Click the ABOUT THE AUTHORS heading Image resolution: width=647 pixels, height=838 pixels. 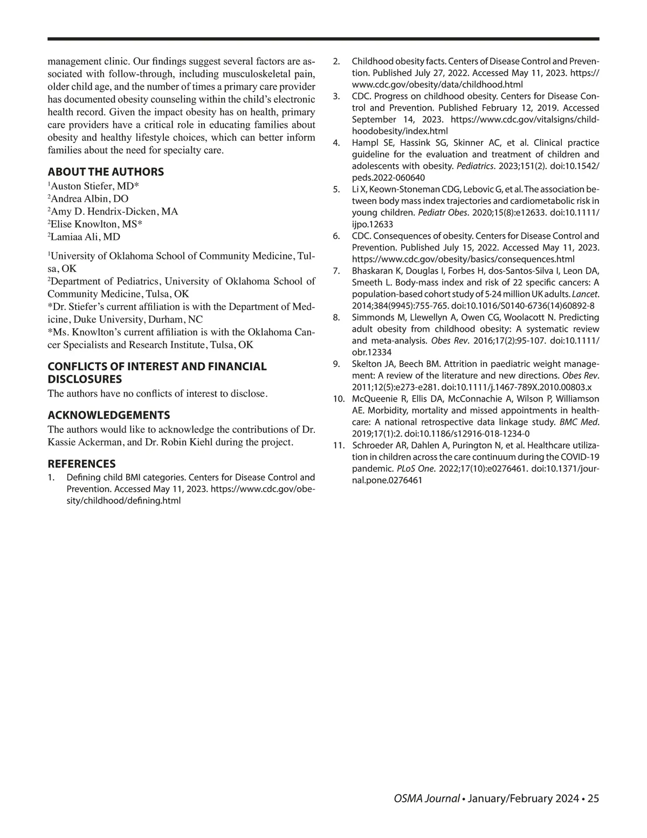click(x=106, y=172)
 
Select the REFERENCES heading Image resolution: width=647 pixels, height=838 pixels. click(x=81, y=464)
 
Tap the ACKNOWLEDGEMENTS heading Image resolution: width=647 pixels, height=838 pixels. click(x=109, y=415)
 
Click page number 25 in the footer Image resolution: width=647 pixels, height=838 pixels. click(x=593, y=799)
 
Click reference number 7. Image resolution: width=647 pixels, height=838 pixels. click(x=336, y=271)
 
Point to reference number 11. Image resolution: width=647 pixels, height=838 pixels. click(x=339, y=445)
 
